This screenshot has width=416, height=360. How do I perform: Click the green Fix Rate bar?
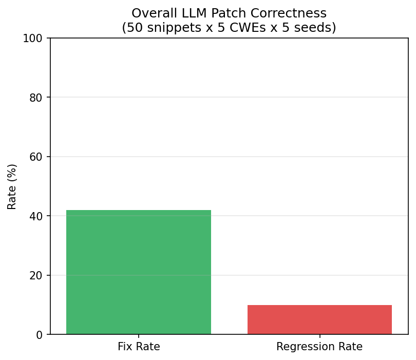click(x=139, y=272)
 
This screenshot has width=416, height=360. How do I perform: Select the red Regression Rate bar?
click(x=319, y=319)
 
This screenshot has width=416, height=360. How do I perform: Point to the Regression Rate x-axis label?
click(x=319, y=347)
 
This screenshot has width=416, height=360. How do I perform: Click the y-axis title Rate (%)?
click(x=12, y=186)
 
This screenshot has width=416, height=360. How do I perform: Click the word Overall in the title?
click(x=150, y=13)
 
